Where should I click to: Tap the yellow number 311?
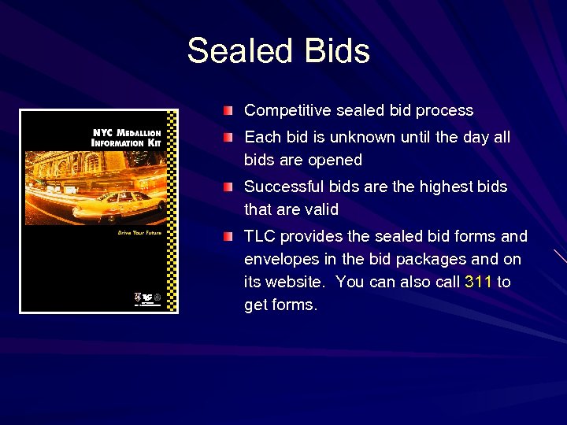coord(478,282)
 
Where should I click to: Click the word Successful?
coord(282,187)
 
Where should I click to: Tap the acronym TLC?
coord(260,236)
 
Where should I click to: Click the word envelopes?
coord(281,259)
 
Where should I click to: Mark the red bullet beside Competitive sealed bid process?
coord(227,111)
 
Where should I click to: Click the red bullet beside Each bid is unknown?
coord(227,137)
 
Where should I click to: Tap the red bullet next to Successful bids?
coord(227,187)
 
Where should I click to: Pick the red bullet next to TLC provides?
coord(227,236)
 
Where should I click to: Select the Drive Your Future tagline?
coord(139,234)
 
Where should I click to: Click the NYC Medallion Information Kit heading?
coord(126,138)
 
